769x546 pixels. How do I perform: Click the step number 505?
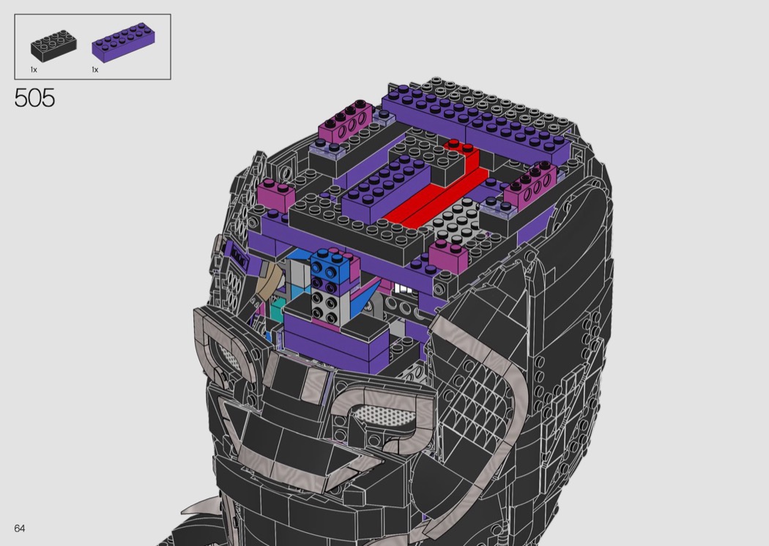pos(34,98)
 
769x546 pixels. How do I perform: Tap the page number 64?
pos(20,528)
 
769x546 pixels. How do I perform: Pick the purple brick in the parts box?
pos(123,42)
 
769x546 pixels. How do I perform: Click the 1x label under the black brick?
pos(34,70)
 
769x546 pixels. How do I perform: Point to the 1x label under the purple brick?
pos(95,70)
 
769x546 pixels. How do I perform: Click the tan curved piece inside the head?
pos(267,282)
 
